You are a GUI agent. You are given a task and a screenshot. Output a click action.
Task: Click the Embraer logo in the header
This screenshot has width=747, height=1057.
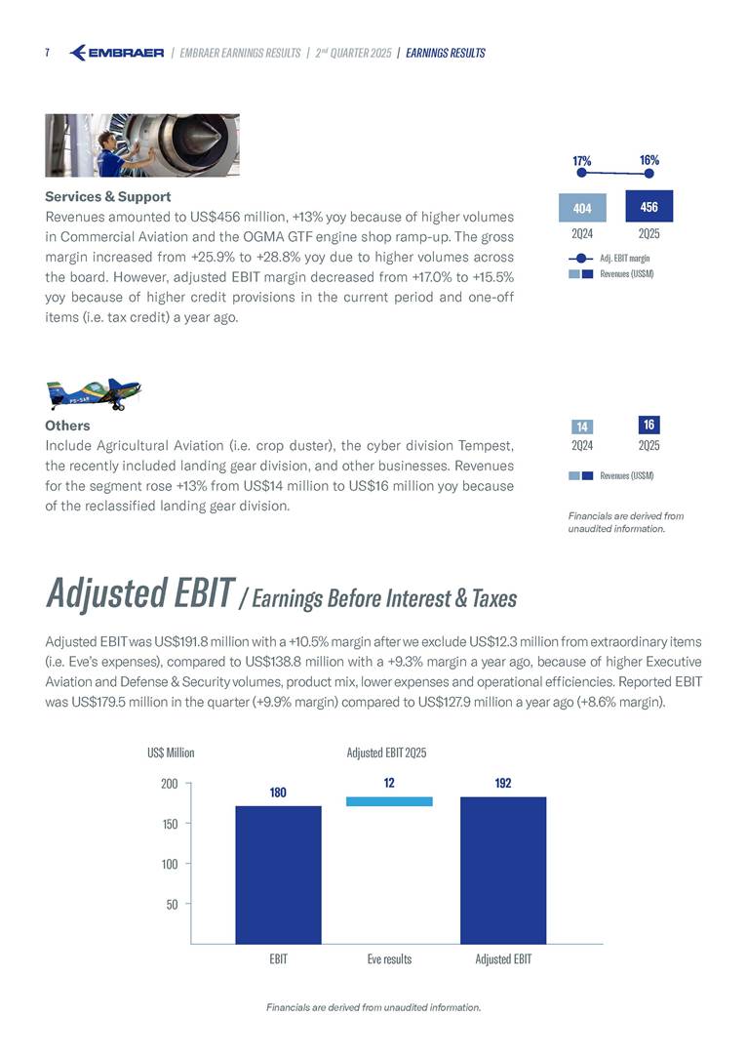(117, 53)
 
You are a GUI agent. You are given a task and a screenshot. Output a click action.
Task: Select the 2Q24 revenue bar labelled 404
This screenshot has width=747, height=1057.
(582, 208)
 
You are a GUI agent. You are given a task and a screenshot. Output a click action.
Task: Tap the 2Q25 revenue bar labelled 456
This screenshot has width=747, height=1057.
(649, 206)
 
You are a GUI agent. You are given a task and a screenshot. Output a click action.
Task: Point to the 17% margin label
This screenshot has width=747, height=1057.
(582, 159)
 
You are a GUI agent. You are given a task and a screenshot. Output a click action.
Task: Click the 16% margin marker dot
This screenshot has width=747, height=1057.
(649, 173)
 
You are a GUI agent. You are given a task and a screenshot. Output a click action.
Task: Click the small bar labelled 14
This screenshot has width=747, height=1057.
(581, 427)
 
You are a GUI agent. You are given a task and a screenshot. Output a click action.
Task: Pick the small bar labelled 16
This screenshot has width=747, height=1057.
(648, 425)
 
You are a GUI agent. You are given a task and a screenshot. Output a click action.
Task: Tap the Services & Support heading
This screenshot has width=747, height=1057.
(108, 196)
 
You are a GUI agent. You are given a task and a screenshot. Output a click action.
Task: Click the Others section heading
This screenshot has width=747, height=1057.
(67, 426)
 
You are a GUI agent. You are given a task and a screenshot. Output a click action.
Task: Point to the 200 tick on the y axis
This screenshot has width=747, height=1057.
(169, 783)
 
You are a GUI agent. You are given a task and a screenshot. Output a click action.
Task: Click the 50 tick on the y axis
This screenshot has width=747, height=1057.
(172, 904)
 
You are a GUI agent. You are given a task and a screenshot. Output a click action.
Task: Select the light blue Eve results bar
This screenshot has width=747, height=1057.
(389, 801)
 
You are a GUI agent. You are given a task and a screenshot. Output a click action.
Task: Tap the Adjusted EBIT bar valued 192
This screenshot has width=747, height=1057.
(503, 870)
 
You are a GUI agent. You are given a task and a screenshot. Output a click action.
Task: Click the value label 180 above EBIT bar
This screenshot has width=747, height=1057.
(278, 793)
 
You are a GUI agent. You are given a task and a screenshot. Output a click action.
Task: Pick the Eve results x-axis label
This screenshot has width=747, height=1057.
(389, 959)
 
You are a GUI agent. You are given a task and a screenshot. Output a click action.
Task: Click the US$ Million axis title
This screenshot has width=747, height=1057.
(171, 752)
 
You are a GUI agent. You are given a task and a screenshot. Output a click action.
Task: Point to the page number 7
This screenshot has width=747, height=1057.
(48, 53)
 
